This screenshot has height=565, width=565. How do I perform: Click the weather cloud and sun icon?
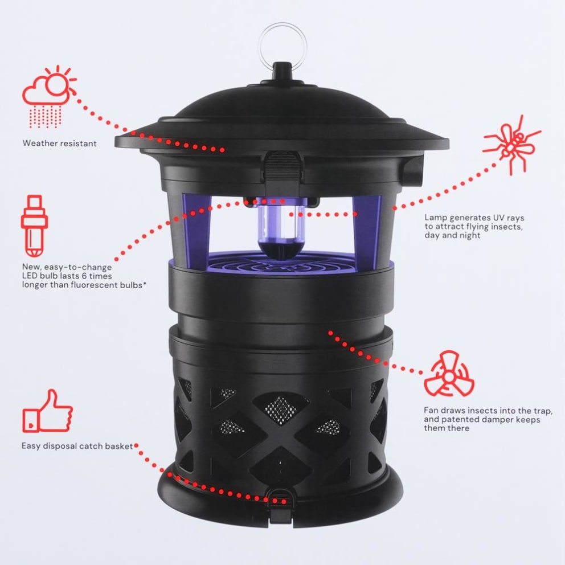click(x=48, y=91)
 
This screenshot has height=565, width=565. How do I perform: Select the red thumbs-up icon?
click(x=48, y=411)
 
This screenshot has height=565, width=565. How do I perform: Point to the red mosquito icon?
click(x=511, y=145)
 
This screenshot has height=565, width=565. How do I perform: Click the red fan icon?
click(x=449, y=374)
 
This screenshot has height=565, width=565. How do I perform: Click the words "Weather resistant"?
click(x=59, y=144)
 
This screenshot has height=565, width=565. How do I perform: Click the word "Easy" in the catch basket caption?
click(x=32, y=446)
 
